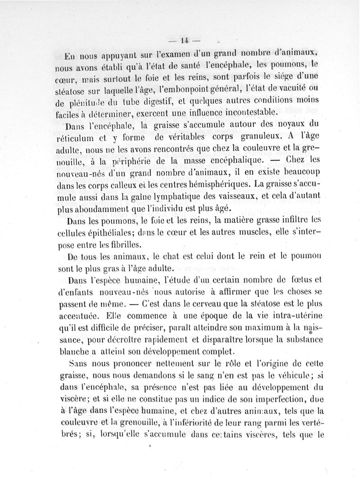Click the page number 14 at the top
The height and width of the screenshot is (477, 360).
click(183, 39)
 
